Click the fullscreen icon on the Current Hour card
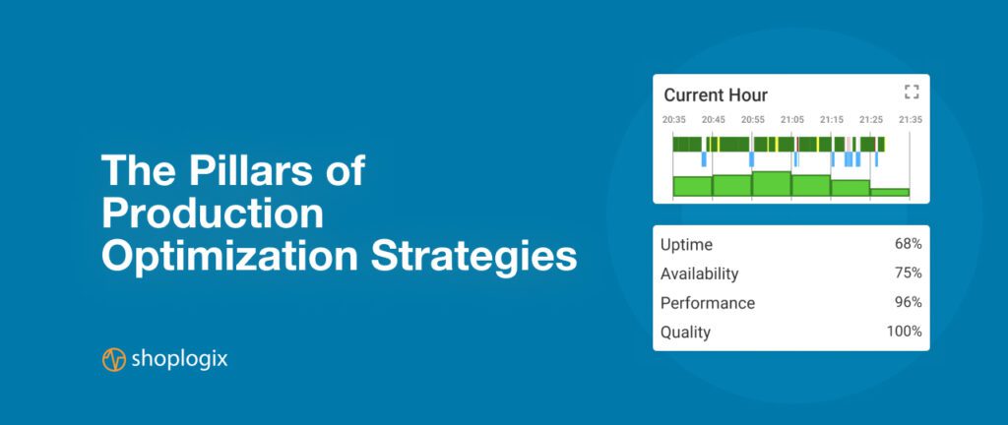coord(911,91)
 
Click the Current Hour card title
coord(716,95)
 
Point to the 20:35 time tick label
coord(673,119)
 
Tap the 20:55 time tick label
coord(753,119)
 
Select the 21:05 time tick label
coord(792,119)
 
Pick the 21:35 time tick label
coord(911,119)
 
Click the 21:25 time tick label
coord(871,119)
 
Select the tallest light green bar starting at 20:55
coord(772,184)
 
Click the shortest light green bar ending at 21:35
coord(890,192)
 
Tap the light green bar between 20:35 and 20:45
coord(692,186)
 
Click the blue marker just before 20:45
coord(704,159)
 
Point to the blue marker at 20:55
coord(751,159)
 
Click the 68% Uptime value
coord(909,244)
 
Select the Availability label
coord(700,274)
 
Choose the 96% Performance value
coord(909,302)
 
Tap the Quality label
coord(685,333)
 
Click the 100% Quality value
coord(905,332)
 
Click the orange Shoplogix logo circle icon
coord(114,359)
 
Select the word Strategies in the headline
coord(473,257)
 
